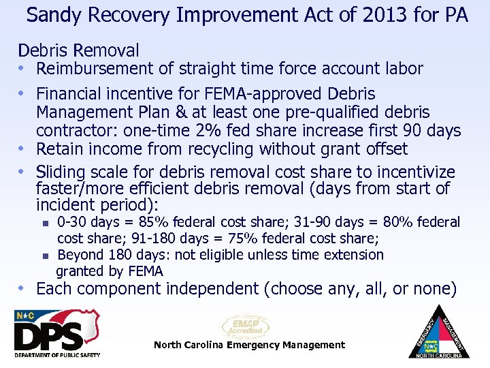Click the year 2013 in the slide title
pos(375,14)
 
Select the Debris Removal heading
pos(78,50)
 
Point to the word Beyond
pos(79,255)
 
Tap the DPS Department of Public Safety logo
pos(57,333)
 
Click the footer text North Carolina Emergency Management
pos(249,345)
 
